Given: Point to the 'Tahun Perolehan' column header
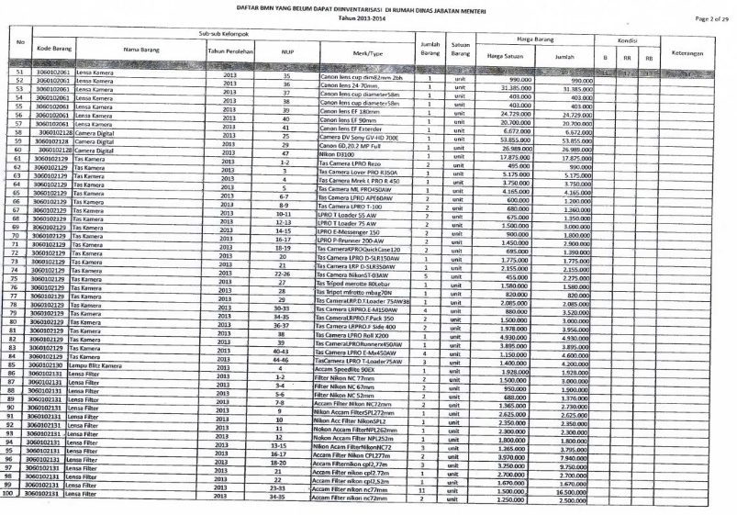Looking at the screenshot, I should [x=229, y=52].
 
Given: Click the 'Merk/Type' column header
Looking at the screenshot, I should [x=365, y=52].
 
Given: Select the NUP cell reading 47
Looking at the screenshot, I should [x=285, y=153].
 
